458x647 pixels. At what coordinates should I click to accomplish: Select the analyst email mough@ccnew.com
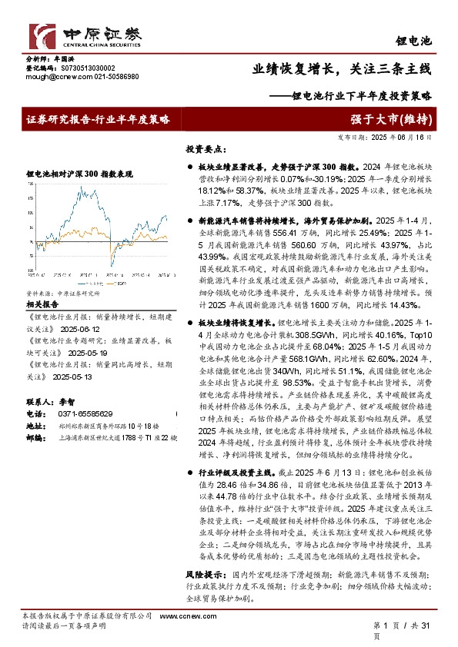[x=53, y=77]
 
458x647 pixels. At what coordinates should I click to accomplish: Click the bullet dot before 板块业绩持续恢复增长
[x=190, y=325]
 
